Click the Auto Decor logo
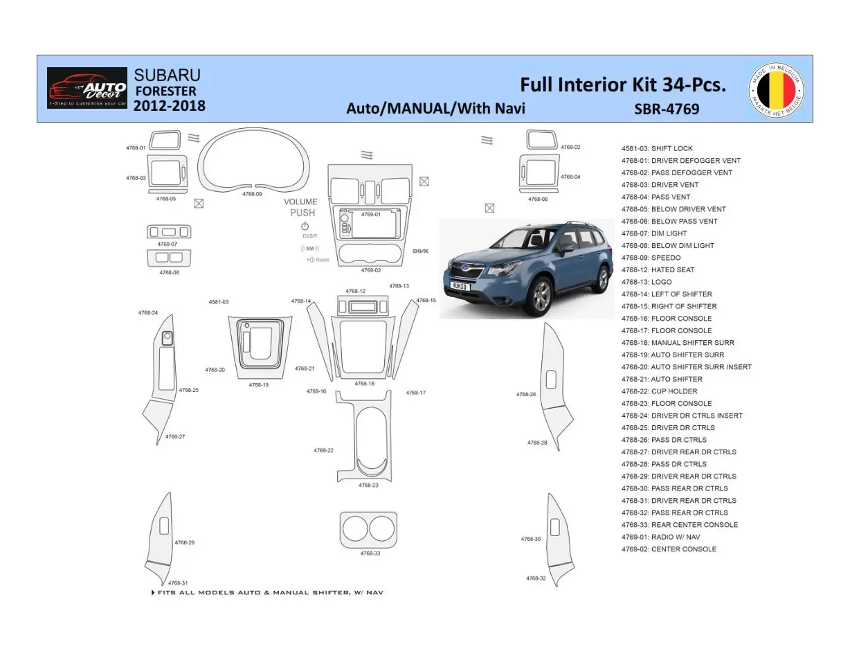pyautogui.click(x=87, y=88)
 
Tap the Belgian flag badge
pyautogui.click(x=776, y=90)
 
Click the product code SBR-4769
pyautogui.click(x=666, y=109)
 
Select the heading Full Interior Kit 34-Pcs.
pyautogui.click(x=622, y=85)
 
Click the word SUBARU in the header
pyautogui.click(x=167, y=75)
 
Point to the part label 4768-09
pyautogui.click(x=252, y=195)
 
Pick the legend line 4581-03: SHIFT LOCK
pyautogui.click(x=656, y=148)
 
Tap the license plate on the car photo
pyautogui.click(x=460, y=285)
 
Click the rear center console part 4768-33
pyautogui.click(x=368, y=530)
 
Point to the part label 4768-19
pyautogui.click(x=258, y=385)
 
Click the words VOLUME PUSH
pyautogui.click(x=302, y=207)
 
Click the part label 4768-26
pyautogui.click(x=526, y=394)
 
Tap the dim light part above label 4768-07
pyautogui.click(x=168, y=232)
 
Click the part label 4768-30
pyautogui.click(x=531, y=538)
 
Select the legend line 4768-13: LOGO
pyautogui.click(x=646, y=282)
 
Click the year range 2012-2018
pyautogui.click(x=169, y=106)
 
